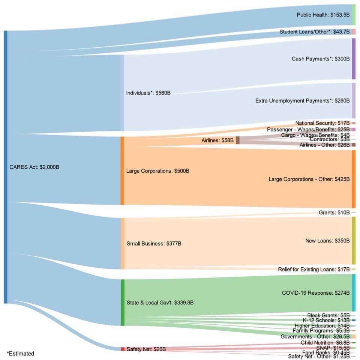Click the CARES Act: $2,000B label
coord(34,167)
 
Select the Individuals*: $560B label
coord(148,93)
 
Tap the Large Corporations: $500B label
coord(158,171)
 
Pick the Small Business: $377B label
coord(154,244)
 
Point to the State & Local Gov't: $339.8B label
coord(160,303)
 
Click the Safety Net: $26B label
coord(146,349)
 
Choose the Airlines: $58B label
coord(217,140)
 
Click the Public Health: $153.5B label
coord(323,15)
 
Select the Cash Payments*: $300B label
coord(321,59)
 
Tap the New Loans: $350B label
coord(327,241)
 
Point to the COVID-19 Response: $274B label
coord(316,293)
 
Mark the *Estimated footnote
coord(20,353)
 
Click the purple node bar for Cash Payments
coord(354,59)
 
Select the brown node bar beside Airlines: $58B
coord(238,140)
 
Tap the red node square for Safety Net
coord(123,349)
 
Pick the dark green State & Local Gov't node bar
coord(123,303)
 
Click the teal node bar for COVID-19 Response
coord(354,293)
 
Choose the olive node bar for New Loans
coord(354,241)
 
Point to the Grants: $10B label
coord(334,212)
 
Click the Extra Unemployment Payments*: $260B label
coord(302,101)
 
